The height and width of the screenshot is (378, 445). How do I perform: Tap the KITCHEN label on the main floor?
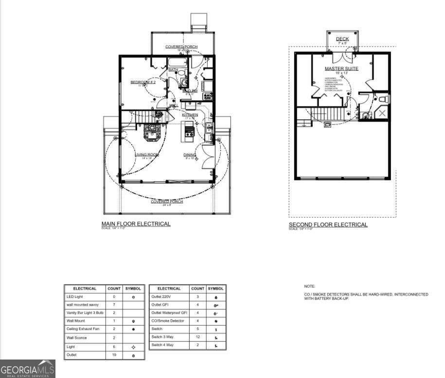190,115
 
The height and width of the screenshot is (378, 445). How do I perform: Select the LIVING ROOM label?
147,155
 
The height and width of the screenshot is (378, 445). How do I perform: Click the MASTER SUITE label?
341,69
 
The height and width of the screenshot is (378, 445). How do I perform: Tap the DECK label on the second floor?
342,39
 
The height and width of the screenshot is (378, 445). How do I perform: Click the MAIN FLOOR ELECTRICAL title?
136,224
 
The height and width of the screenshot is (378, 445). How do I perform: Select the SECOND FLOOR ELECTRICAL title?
328,225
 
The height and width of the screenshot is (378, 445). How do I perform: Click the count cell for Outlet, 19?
114,355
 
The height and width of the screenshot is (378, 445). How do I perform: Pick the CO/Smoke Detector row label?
167,321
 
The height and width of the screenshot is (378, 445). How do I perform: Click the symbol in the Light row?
133,347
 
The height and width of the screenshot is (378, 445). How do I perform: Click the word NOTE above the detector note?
310,287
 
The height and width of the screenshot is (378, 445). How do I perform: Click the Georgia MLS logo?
28,369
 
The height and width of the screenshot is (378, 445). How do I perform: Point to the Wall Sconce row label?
76,338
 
